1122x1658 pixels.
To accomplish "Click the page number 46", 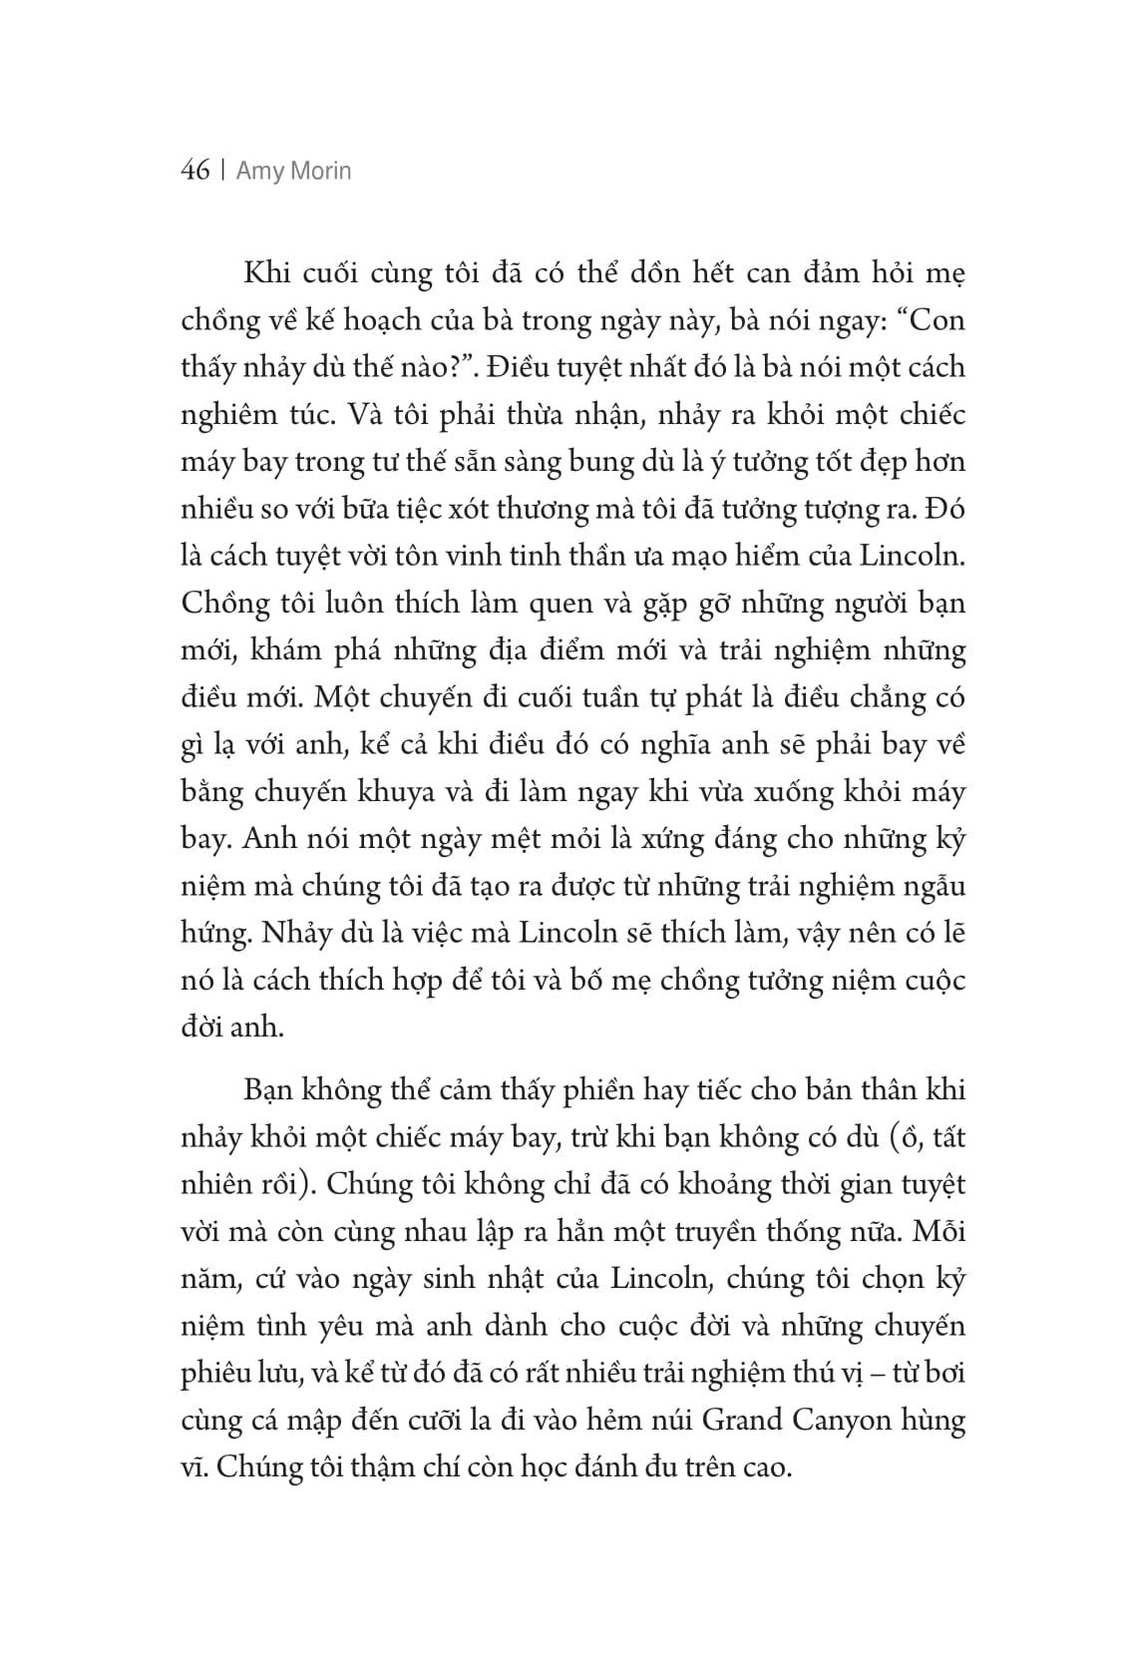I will [195, 172].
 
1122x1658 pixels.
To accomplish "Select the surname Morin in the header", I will [322, 172].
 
